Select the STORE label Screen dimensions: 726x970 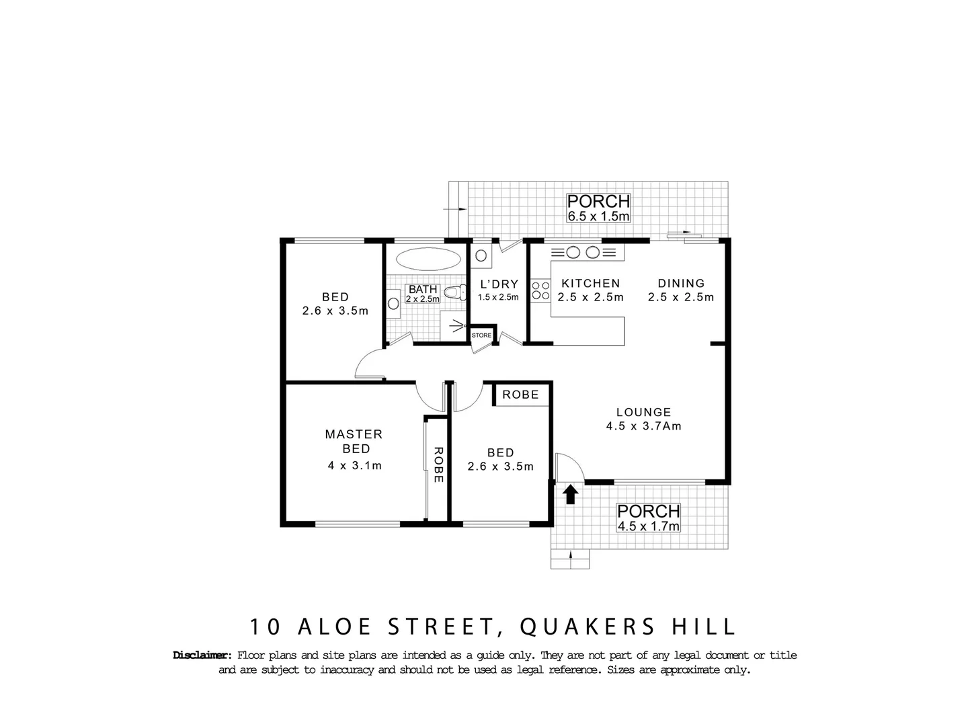click(481, 335)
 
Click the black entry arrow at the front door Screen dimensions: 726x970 click(571, 494)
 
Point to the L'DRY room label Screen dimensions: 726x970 click(498, 284)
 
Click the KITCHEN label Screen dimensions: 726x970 click(591, 283)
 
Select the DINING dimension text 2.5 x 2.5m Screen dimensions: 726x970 click(681, 297)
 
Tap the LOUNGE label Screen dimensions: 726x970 click(643, 412)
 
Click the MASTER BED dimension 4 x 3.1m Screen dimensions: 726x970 click(354, 465)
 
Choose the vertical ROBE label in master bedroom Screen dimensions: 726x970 click(438, 465)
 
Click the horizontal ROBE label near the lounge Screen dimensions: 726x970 click(521, 395)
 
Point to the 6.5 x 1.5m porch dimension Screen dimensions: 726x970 click(598, 216)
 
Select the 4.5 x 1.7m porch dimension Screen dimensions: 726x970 click(649, 526)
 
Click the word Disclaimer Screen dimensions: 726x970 click(202, 655)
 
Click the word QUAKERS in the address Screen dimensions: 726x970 click(587, 627)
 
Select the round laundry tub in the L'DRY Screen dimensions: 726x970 click(481, 255)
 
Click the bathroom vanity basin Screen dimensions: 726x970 click(393, 304)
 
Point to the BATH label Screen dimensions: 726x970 click(423, 290)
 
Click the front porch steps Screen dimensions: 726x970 click(571, 559)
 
